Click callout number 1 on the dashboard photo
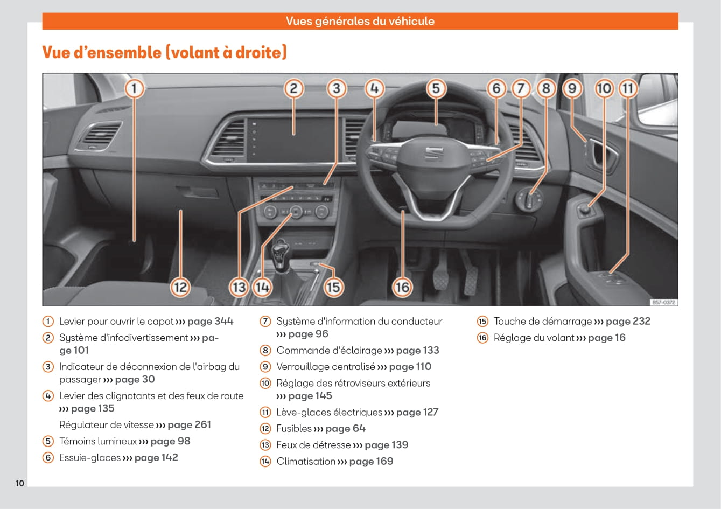[134, 88]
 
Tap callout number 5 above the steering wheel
[436, 88]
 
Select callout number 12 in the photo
[180, 287]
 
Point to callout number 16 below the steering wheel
[402, 287]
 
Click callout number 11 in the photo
[628, 88]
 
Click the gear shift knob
[281, 251]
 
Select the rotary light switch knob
[531, 200]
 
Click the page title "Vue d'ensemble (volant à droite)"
[164, 52]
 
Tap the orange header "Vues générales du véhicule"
[360, 22]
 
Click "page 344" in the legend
[210, 322]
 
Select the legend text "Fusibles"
[294, 429]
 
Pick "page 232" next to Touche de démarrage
[628, 322]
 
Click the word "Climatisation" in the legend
[306, 462]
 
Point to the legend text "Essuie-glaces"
[90, 458]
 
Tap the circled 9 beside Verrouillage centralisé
[265, 367]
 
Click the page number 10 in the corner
[20, 483]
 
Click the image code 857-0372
[663, 303]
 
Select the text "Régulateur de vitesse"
[107, 425]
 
